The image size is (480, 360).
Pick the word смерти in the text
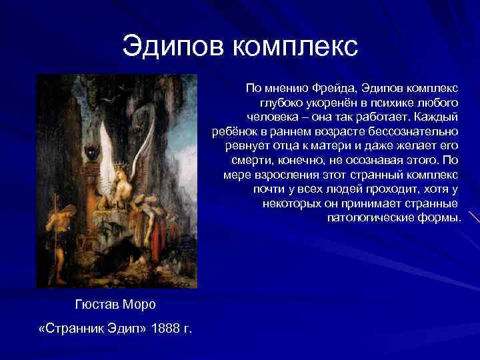[250, 161]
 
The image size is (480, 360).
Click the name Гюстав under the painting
[95, 305]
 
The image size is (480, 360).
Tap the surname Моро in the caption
[139, 305]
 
